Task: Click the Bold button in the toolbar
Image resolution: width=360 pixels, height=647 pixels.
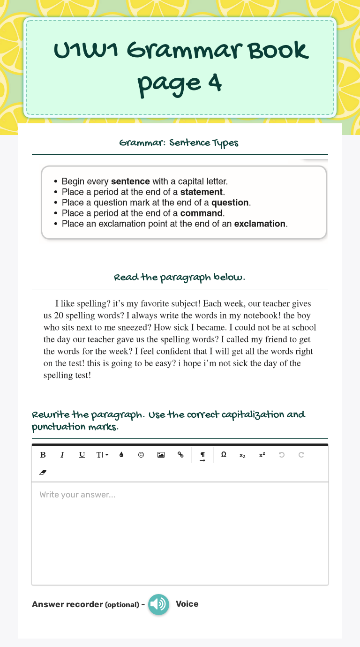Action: tap(43, 455)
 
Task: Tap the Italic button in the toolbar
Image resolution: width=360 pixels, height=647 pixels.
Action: tap(62, 455)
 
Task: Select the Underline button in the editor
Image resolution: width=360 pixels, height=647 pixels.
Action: tap(82, 455)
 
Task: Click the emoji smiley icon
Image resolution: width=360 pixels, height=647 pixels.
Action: tap(141, 455)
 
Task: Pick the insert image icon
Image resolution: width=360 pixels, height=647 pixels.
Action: tap(161, 455)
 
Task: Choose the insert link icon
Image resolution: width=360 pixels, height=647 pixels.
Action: tap(180, 455)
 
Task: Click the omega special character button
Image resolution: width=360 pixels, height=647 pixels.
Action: tap(224, 455)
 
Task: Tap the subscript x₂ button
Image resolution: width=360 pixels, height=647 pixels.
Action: tap(242, 455)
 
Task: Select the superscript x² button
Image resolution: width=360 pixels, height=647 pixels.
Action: tap(262, 455)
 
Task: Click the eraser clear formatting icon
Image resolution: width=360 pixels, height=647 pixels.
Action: tap(43, 473)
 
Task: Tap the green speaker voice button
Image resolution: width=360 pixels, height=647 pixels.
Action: tap(159, 604)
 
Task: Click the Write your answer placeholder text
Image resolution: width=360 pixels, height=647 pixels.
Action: tap(77, 495)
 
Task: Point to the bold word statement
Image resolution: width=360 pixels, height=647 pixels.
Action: tap(202, 192)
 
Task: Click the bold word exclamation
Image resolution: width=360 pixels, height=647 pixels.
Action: tap(260, 224)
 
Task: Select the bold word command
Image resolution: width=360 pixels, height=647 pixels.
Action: tap(202, 213)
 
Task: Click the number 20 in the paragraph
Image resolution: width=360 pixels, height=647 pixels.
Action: tap(59, 316)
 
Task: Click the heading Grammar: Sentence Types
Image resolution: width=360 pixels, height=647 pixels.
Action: tap(179, 143)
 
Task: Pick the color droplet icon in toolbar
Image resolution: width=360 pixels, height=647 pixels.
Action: tap(121, 455)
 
